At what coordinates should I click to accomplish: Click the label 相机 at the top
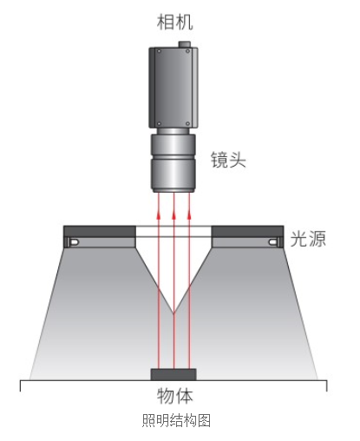point(174,22)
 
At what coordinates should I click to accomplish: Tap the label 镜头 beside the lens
point(228,160)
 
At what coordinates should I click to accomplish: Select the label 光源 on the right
point(308,239)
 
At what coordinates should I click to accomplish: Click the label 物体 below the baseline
point(174,396)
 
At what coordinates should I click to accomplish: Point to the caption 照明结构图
point(176,420)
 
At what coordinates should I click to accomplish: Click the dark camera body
point(173,88)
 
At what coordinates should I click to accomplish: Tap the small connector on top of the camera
point(185,44)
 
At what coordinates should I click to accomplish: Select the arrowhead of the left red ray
point(159,214)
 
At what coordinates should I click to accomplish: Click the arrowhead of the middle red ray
point(173,214)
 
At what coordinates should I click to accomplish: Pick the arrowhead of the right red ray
point(189,214)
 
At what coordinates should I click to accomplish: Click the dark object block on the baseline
point(173,374)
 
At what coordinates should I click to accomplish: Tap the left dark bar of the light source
point(100,232)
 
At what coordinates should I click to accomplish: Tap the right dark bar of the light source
point(247,232)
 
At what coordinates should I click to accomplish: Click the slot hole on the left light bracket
point(74,242)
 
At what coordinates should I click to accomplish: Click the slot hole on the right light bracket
point(273,242)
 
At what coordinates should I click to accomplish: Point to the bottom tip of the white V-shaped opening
point(173,313)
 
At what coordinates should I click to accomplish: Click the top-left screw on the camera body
point(159,51)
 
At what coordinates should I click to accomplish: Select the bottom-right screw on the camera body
point(187,124)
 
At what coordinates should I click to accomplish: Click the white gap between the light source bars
point(173,232)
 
